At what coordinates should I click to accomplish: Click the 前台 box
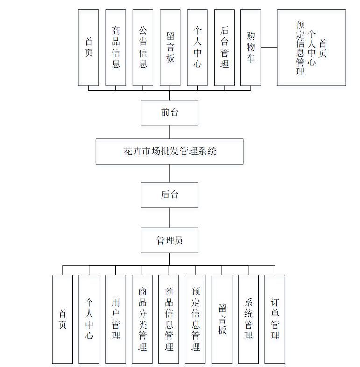(x=169, y=112)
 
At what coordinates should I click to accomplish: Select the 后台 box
(x=169, y=194)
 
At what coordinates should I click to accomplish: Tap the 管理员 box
(x=169, y=240)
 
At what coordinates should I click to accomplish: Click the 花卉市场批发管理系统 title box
(x=169, y=151)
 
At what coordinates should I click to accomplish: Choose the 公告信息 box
(x=143, y=47)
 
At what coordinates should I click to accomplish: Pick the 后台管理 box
(x=225, y=47)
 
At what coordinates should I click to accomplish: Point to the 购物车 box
(x=251, y=47)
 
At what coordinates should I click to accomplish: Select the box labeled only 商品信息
(x=116, y=47)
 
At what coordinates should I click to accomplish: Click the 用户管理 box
(x=116, y=319)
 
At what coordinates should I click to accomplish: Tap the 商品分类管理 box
(x=142, y=319)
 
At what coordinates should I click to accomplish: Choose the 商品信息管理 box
(x=169, y=319)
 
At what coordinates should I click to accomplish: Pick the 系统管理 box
(x=248, y=319)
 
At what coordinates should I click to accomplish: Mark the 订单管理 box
(x=275, y=319)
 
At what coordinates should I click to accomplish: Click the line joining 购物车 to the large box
(x=269, y=47)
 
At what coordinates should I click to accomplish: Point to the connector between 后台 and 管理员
(x=169, y=217)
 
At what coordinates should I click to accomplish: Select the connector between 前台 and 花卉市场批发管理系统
(x=169, y=132)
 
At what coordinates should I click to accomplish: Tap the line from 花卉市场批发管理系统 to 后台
(x=169, y=173)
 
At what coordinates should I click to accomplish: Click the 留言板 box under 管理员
(x=222, y=319)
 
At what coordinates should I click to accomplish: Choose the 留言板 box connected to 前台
(x=170, y=47)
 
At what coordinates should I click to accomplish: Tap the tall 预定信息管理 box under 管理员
(x=196, y=319)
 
